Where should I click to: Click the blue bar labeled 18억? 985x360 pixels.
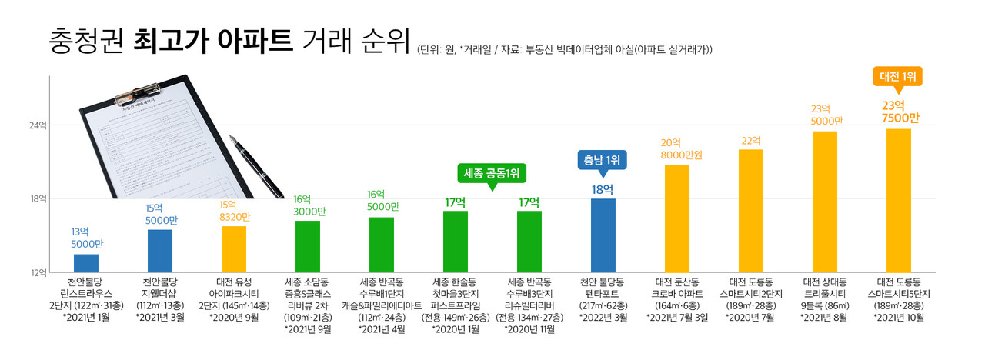tap(603, 235)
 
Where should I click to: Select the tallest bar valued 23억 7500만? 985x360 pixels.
tap(898, 200)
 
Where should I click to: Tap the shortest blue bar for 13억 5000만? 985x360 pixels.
tap(85, 262)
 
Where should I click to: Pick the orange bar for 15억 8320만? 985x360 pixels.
tap(233, 248)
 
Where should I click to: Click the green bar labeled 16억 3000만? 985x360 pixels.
tap(307, 246)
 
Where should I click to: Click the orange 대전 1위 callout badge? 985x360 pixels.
tap(897, 76)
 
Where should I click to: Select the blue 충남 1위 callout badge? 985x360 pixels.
tap(603, 160)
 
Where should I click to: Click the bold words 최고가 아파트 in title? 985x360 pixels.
tap(212, 38)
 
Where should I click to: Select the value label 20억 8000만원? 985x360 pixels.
tap(676, 148)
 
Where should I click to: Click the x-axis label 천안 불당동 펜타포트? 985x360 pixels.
tap(603, 293)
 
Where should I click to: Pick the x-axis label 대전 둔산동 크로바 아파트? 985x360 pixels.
tap(676, 293)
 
